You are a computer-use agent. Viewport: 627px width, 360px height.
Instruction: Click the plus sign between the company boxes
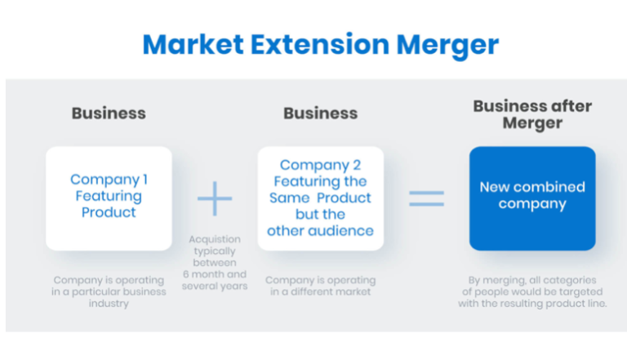[x=215, y=198]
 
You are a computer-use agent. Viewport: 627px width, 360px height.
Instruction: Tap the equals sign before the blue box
[x=426, y=198]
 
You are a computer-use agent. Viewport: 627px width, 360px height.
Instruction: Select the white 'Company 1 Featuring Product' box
[x=109, y=198]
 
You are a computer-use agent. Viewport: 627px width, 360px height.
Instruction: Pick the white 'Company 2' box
[x=320, y=198]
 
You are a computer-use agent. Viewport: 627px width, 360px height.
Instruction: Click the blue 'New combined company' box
[x=532, y=198]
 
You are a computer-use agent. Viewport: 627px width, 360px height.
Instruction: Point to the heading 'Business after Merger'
[x=532, y=114]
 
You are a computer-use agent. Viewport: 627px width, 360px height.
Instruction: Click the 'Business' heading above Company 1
[x=109, y=113]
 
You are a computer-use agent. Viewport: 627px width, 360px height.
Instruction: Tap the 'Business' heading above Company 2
[x=320, y=113]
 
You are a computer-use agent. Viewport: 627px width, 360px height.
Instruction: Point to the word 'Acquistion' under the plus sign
[x=215, y=239]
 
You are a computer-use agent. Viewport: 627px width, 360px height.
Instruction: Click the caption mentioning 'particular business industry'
[x=109, y=292]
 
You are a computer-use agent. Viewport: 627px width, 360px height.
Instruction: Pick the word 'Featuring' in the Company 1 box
[x=109, y=196]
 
